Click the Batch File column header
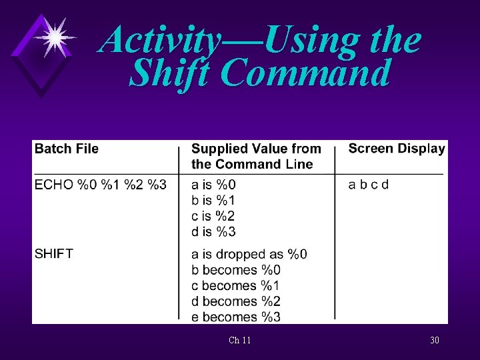(66, 149)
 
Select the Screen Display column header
(396, 149)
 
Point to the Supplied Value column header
(256, 156)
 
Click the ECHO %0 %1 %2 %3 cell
(101, 185)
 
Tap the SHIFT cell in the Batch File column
(54, 253)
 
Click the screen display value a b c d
(368, 185)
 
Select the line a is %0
(213, 185)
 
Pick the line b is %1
(213, 200)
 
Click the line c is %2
(213, 216)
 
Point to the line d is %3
(213, 231)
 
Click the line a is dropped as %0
(249, 254)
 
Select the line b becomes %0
(236, 270)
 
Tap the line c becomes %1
(236, 285)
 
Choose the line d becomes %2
(236, 301)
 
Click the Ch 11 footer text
(239, 341)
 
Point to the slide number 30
(434, 341)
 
